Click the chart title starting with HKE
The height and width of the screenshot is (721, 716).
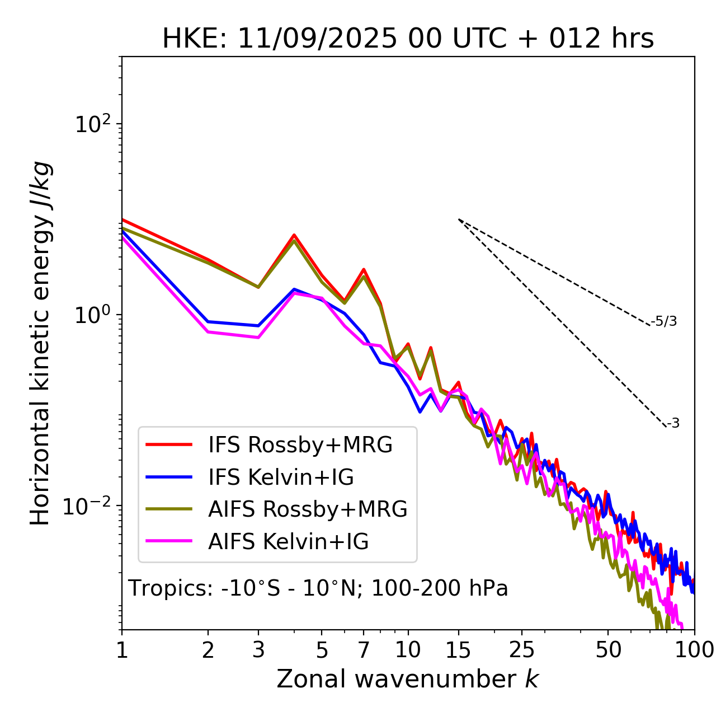click(x=408, y=39)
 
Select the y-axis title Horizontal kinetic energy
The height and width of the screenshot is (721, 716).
click(x=41, y=343)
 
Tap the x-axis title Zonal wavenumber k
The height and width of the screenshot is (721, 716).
click(x=408, y=679)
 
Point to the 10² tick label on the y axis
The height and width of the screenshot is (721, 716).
click(x=93, y=124)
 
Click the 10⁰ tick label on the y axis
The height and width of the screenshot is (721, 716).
click(x=93, y=315)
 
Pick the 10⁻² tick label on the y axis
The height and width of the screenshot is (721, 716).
click(x=89, y=507)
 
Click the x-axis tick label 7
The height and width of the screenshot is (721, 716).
click(x=364, y=650)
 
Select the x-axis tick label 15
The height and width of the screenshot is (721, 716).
click(x=458, y=650)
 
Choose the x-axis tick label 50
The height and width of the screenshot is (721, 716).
click(x=608, y=650)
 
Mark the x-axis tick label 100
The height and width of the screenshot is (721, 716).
click(x=694, y=650)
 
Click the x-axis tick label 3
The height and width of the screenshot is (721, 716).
click(x=258, y=650)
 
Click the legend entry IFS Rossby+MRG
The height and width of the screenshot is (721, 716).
click(x=300, y=445)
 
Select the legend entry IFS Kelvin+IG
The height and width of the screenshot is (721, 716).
click(x=281, y=477)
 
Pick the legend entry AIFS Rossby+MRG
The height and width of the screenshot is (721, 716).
click(x=308, y=509)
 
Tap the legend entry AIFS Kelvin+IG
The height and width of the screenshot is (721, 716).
click(x=288, y=542)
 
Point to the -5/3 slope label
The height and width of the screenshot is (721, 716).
click(x=664, y=321)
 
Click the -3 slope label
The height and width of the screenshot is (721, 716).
click(x=673, y=424)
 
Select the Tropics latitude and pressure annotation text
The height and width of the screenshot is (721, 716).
click(x=318, y=589)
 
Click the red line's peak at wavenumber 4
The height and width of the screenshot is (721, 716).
click(x=294, y=235)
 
